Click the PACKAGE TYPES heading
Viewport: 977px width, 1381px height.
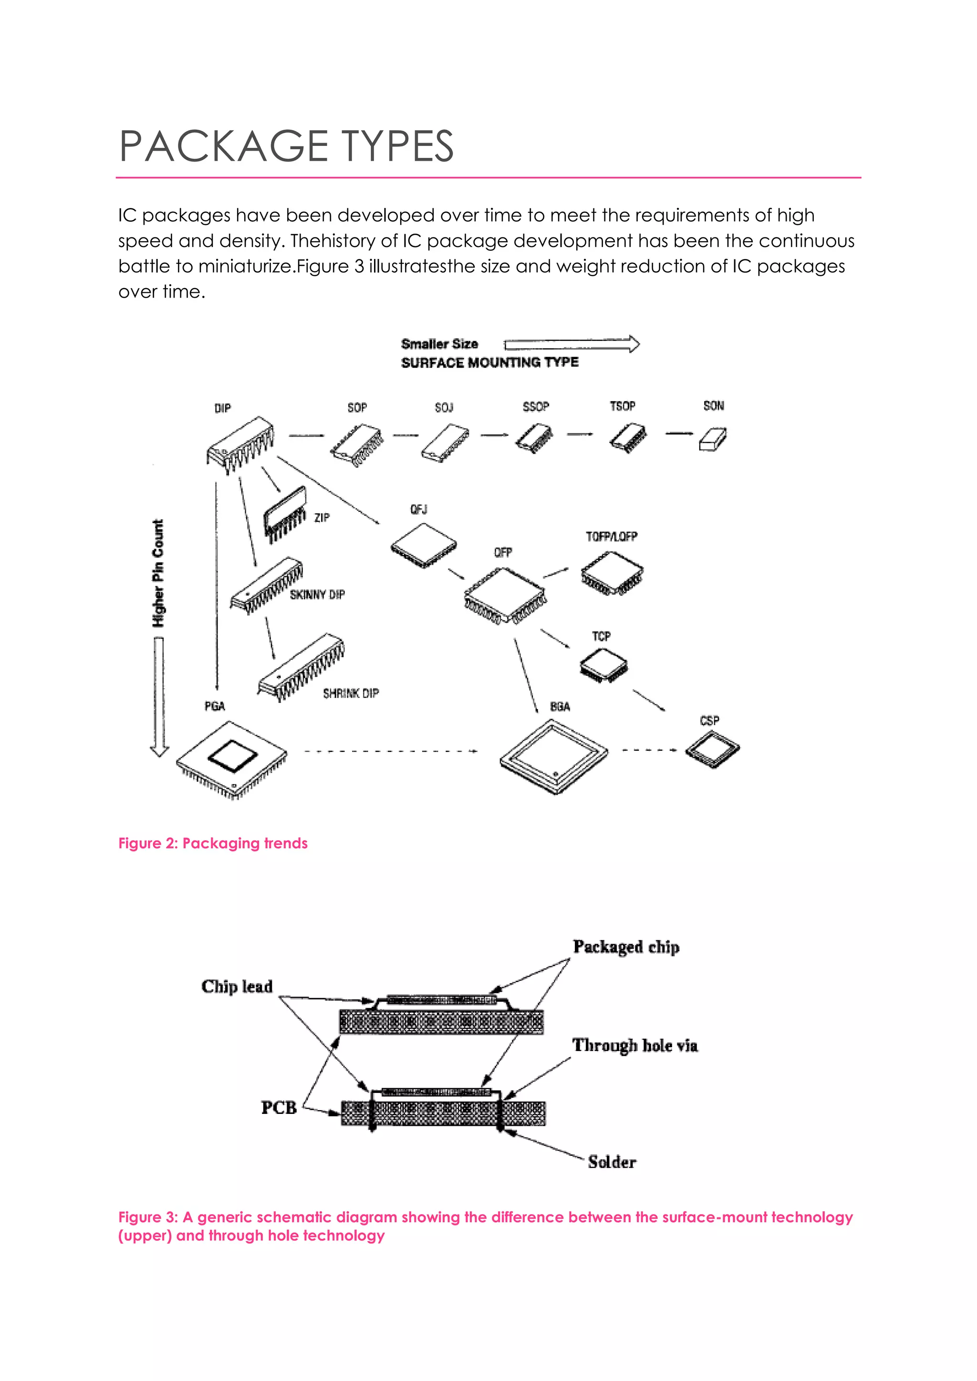tap(286, 146)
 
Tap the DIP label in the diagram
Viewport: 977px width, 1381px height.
tap(223, 408)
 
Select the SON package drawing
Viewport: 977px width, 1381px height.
tap(713, 439)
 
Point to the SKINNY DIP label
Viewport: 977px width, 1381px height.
tap(317, 594)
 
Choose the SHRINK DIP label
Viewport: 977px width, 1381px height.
tap(351, 693)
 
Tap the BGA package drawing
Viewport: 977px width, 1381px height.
tap(553, 757)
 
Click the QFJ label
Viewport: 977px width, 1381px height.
tap(419, 509)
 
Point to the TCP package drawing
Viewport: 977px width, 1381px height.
tap(603, 666)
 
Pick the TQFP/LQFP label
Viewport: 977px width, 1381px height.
tap(611, 536)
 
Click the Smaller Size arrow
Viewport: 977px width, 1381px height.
tap(572, 344)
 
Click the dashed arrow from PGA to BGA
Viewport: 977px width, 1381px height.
tap(391, 751)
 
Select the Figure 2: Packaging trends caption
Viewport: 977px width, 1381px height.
tap(213, 843)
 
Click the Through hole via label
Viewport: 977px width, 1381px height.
tap(634, 1045)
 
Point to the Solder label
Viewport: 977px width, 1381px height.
tap(612, 1162)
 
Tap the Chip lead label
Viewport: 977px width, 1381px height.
tap(237, 987)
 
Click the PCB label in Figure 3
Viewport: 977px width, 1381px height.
tap(279, 1107)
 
